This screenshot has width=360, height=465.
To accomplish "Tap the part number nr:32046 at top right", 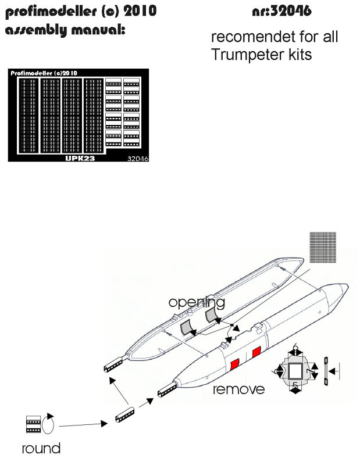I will pos(281,12).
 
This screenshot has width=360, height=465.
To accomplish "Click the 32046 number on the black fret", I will pos(135,158).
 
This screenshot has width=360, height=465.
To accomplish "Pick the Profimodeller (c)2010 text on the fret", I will pos(45,73).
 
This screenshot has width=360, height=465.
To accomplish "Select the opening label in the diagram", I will pos(197,303).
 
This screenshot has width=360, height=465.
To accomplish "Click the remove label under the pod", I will pos(239,389).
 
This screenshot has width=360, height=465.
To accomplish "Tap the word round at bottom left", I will pos(41,448).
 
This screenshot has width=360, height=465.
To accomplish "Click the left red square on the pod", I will pos(235,364).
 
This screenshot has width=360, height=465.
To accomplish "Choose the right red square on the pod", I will pos(256,352).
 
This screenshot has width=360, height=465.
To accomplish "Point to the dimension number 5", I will pos(296,385).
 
